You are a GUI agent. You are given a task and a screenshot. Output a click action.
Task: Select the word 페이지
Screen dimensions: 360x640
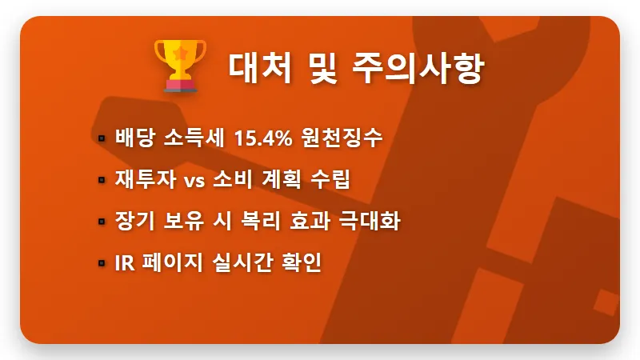pyautogui.click(x=171, y=262)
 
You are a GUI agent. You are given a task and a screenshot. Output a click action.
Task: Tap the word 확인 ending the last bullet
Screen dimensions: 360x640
pyautogui.click(x=303, y=262)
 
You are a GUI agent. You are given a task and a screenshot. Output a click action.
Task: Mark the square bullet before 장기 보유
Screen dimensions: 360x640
pyautogui.click(x=102, y=221)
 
